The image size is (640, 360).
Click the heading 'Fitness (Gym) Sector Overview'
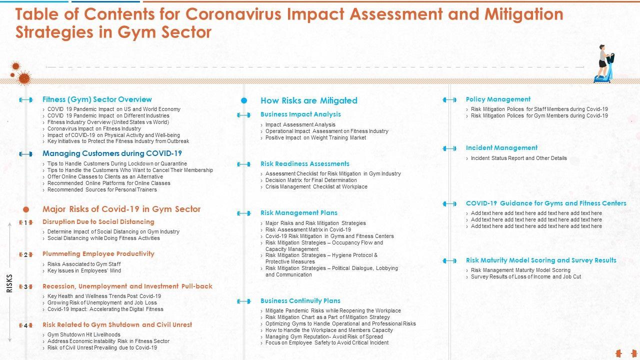tap(97, 99)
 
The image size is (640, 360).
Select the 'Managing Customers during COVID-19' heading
tap(112, 153)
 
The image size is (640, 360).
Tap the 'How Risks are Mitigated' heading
tap(308, 100)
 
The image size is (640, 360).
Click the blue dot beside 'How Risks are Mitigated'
tap(244, 100)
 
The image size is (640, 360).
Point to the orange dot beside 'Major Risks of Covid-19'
tap(26, 209)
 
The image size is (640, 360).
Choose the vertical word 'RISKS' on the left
tap(9, 283)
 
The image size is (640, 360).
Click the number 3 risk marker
tap(25, 287)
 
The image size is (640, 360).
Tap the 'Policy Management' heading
tap(498, 99)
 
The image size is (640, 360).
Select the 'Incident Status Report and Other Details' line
tap(518, 158)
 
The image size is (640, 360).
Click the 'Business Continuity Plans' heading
tap(300, 301)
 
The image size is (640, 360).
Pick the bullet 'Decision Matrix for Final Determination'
tap(311, 180)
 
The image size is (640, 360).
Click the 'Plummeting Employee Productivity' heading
tap(98, 254)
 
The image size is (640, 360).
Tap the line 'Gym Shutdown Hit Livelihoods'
tap(83, 334)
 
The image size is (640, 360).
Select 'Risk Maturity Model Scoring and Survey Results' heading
tap(541, 260)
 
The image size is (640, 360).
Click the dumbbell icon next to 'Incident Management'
tap(449, 148)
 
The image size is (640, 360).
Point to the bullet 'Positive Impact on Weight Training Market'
tap(315, 137)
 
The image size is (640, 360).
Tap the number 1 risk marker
tap(25, 223)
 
